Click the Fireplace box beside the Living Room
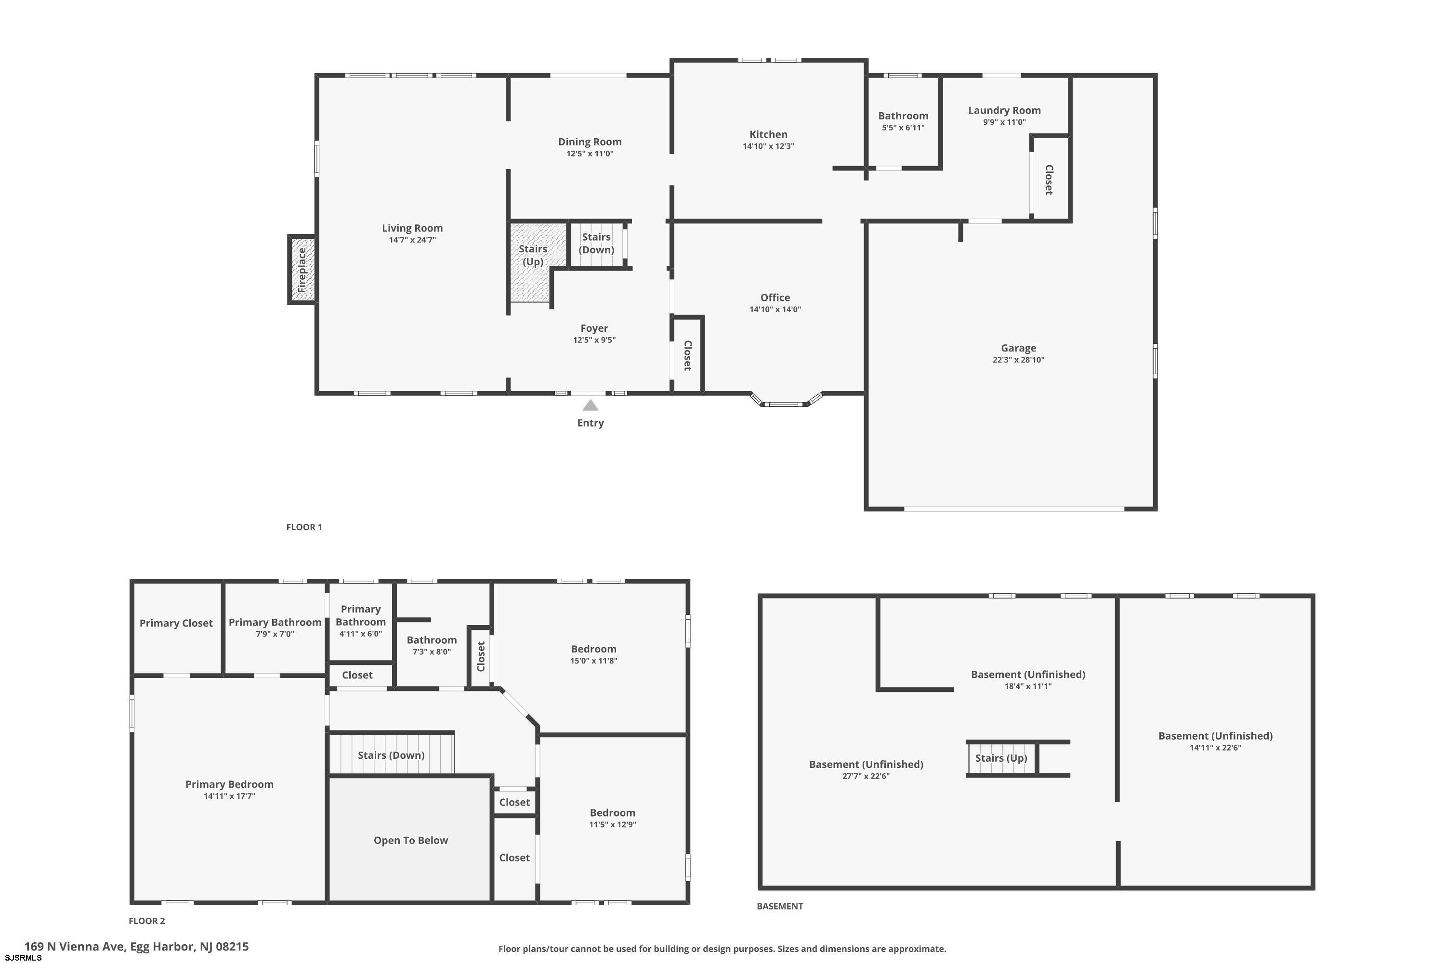pyautogui.click(x=302, y=270)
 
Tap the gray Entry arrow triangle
pyautogui.click(x=591, y=405)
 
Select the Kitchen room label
pyautogui.click(x=768, y=134)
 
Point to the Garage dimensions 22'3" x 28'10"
pyautogui.click(x=1018, y=360)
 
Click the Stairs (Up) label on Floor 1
pyautogui.click(x=533, y=255)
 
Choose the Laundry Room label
pyautogui.click(x=1004, y=111)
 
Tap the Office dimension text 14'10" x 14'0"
pyautogui.click(x=775, y=310)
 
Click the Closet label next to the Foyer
pyautogui.click(x=687, y=355)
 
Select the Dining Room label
pyautogui.click(x=590, y=142)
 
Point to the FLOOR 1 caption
pyautogui.click(x=304, y=527)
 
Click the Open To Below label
pyautogui.click(x=411, y=841)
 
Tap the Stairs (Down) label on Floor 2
pyautogui.click(x=391, y=755)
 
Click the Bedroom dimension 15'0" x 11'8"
pyautogui.click(x=593, y=661)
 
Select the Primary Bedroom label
pyautogui.click(x=229, y=784)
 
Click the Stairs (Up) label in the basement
pyautogui.click(x=1001, y=758)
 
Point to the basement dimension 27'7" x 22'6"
pyautogui.click(x=866, y=776)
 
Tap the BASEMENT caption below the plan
pyautogui.click(x=780, y=906)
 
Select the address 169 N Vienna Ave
pyautogui.click(x=75, y=947)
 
